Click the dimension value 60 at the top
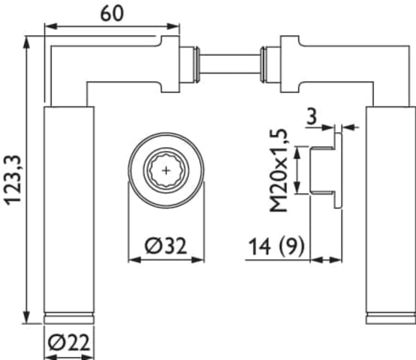tap(112, 13)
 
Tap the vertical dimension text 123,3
tap(13, 180)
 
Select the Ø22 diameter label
tap(69, 343)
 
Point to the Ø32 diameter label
tap(166, 245)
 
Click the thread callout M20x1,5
tap(279, 170)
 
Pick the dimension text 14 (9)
tap(277, 247)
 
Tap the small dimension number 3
tap(312, 116)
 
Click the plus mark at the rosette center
tap(166, 170)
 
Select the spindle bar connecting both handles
tap(230, 64)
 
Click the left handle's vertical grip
tap(69, 210)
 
